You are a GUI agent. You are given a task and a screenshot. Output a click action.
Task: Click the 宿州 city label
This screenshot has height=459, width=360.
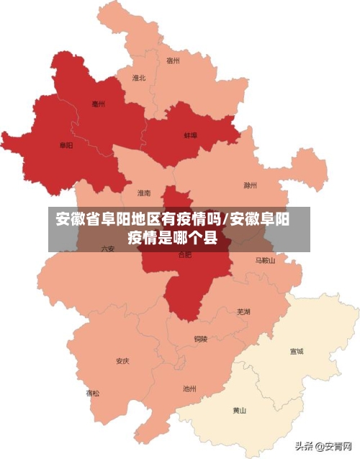click(173, 61)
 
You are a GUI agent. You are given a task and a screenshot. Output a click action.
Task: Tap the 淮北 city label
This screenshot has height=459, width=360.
click(139, 77)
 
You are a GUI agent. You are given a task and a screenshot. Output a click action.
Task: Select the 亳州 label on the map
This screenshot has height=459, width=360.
click(99, 104)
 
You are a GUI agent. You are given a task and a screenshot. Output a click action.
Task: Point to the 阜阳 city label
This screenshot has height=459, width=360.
click(66, 146)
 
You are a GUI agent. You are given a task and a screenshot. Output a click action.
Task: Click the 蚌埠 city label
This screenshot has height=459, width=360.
click(191, 135)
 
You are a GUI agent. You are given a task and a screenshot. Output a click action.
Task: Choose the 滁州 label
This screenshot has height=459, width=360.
click(250, 185)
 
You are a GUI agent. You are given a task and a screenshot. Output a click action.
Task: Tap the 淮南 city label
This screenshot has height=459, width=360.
click(144, 193)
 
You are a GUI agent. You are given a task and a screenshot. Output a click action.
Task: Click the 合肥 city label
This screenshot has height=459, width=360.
click(184, 254)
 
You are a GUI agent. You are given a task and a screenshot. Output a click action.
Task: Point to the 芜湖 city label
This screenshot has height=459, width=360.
click(243, 311)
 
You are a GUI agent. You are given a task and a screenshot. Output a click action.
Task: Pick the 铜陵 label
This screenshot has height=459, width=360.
click(200, 339)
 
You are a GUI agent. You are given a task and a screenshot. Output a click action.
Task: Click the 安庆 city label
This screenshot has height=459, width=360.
click(122, 361)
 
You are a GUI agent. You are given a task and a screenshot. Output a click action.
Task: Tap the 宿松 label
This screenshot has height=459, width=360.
click(93, 393)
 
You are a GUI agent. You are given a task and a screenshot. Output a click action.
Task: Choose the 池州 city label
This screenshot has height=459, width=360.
click(189, 389)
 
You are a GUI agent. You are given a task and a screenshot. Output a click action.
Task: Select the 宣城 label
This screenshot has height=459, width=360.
click(296, 352)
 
